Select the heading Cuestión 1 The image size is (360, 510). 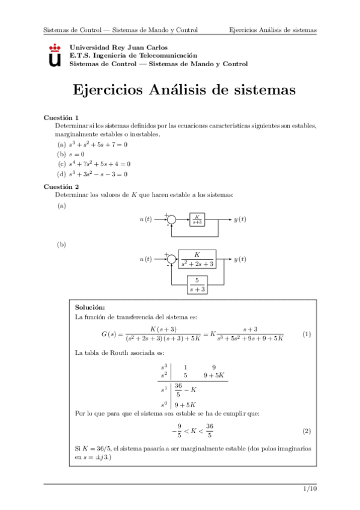point(62,117)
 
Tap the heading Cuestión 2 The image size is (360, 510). point(62,187)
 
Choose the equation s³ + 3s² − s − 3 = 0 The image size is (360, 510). point(98,174)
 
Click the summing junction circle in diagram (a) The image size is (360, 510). point(171,220)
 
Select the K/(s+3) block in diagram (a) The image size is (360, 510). point(197,220)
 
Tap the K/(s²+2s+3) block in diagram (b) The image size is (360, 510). point(197,259)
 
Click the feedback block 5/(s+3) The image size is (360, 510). point(197,284)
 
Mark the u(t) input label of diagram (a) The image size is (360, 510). point(145,220)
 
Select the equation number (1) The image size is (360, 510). point(307,334)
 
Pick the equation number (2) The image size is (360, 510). point(307,432)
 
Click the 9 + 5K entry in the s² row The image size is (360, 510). point(214,375)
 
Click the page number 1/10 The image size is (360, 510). point(310,490)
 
